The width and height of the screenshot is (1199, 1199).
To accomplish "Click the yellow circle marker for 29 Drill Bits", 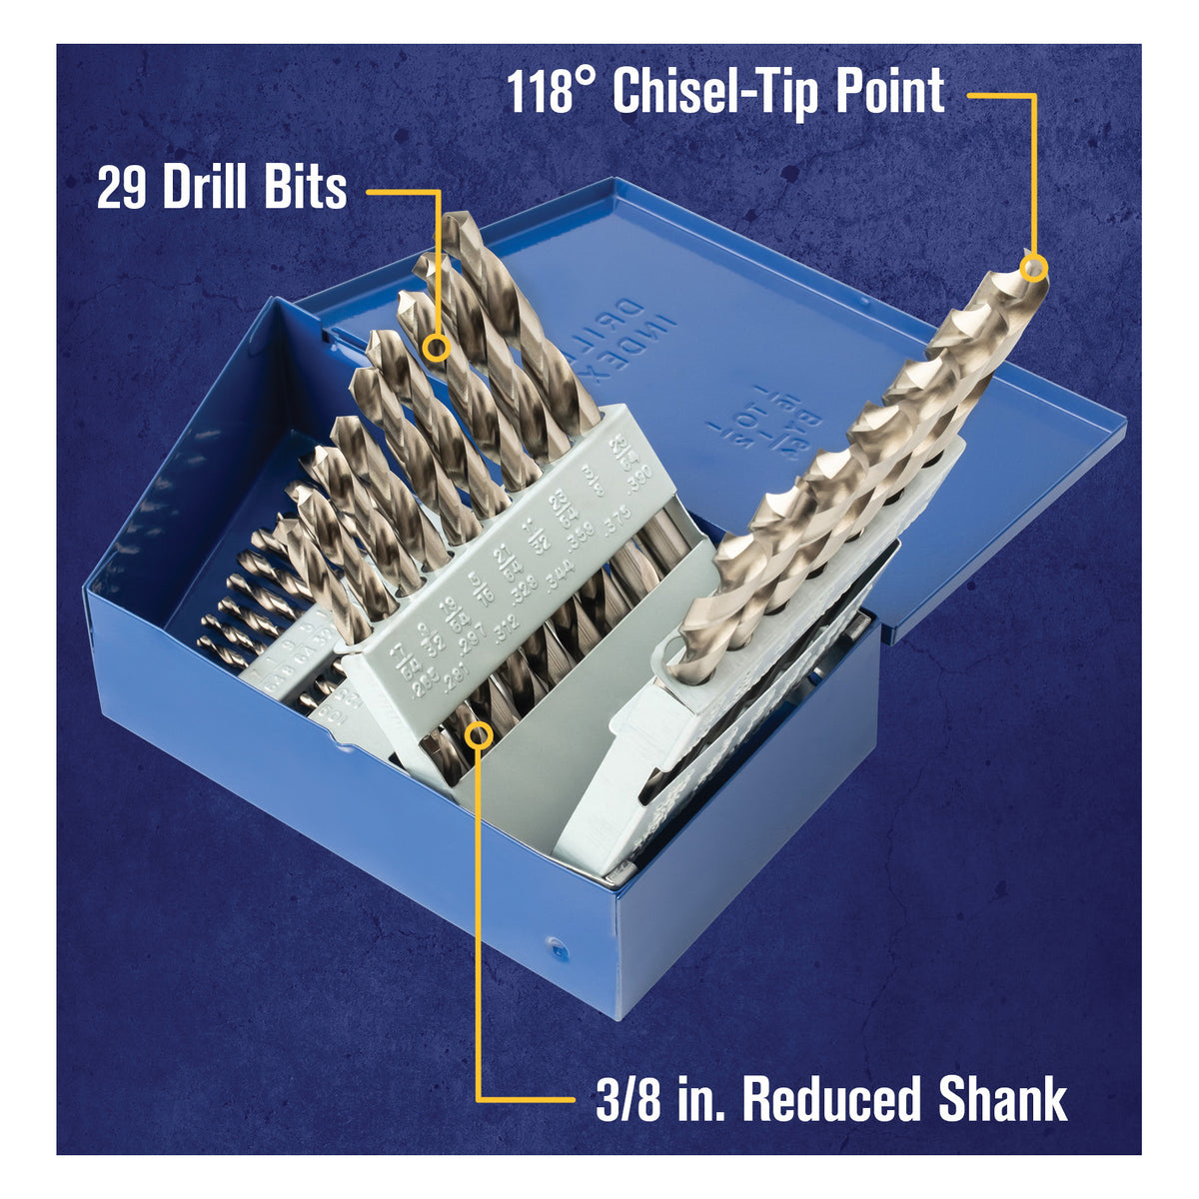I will tap(435, 348).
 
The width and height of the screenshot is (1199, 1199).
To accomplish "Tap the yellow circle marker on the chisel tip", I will tap(1035, 267).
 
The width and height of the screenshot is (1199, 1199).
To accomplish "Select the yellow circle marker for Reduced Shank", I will tap(480, 736).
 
